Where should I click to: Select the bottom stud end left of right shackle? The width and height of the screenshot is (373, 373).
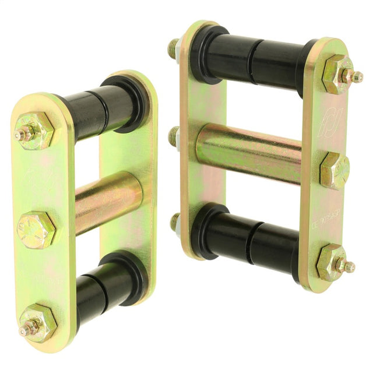[175, 221]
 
